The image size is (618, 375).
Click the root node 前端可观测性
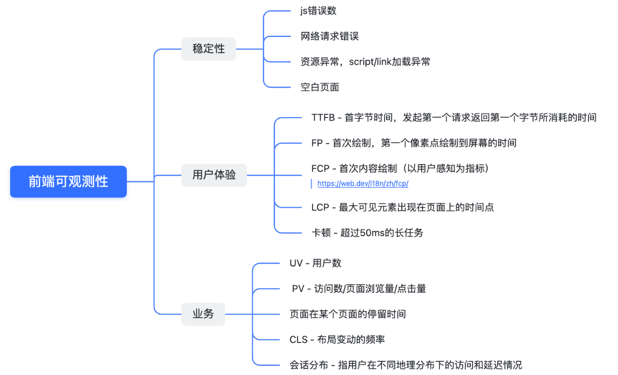68,181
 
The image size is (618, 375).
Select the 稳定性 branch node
209,49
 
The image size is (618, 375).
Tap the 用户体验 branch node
214,175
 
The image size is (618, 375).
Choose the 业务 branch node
203,314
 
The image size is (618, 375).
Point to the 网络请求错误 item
329,36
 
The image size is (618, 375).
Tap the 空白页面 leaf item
320,87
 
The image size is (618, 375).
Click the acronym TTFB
323,118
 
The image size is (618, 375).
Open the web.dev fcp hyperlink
363,183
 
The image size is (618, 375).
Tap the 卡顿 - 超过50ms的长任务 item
367,233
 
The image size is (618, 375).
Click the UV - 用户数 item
315,263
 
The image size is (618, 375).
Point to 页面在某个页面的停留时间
348,314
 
